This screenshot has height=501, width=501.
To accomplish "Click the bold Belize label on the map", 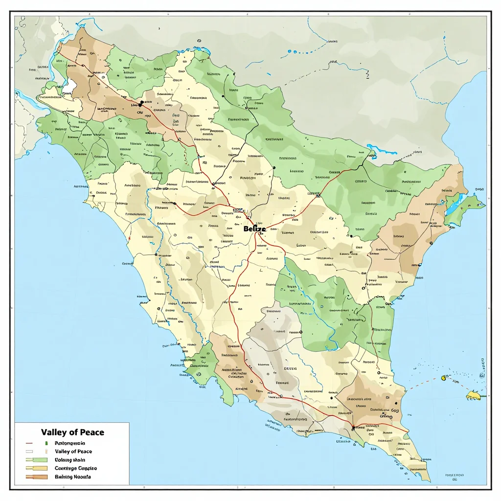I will tap(254, 228).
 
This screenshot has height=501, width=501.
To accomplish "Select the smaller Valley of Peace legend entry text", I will tap(73, 451).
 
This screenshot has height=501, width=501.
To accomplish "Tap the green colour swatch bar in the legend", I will tap(37, 460).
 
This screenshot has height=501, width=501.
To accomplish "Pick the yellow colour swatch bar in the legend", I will tap(37, 468).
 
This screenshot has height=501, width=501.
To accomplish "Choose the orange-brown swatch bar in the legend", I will tap(37, 477).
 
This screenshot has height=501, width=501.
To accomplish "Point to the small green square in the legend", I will tap(45, 443).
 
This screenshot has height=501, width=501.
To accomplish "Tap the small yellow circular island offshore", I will tap(444, 377).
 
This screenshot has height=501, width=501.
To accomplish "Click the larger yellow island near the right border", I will tap(474, 394).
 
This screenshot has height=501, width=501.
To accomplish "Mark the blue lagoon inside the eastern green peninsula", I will tap(453, 205).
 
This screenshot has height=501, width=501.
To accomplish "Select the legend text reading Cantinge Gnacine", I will tap(75, 468).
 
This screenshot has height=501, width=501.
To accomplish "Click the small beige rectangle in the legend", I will tap(45, 452).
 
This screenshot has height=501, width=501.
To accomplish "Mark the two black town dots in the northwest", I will tap(141, 103).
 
